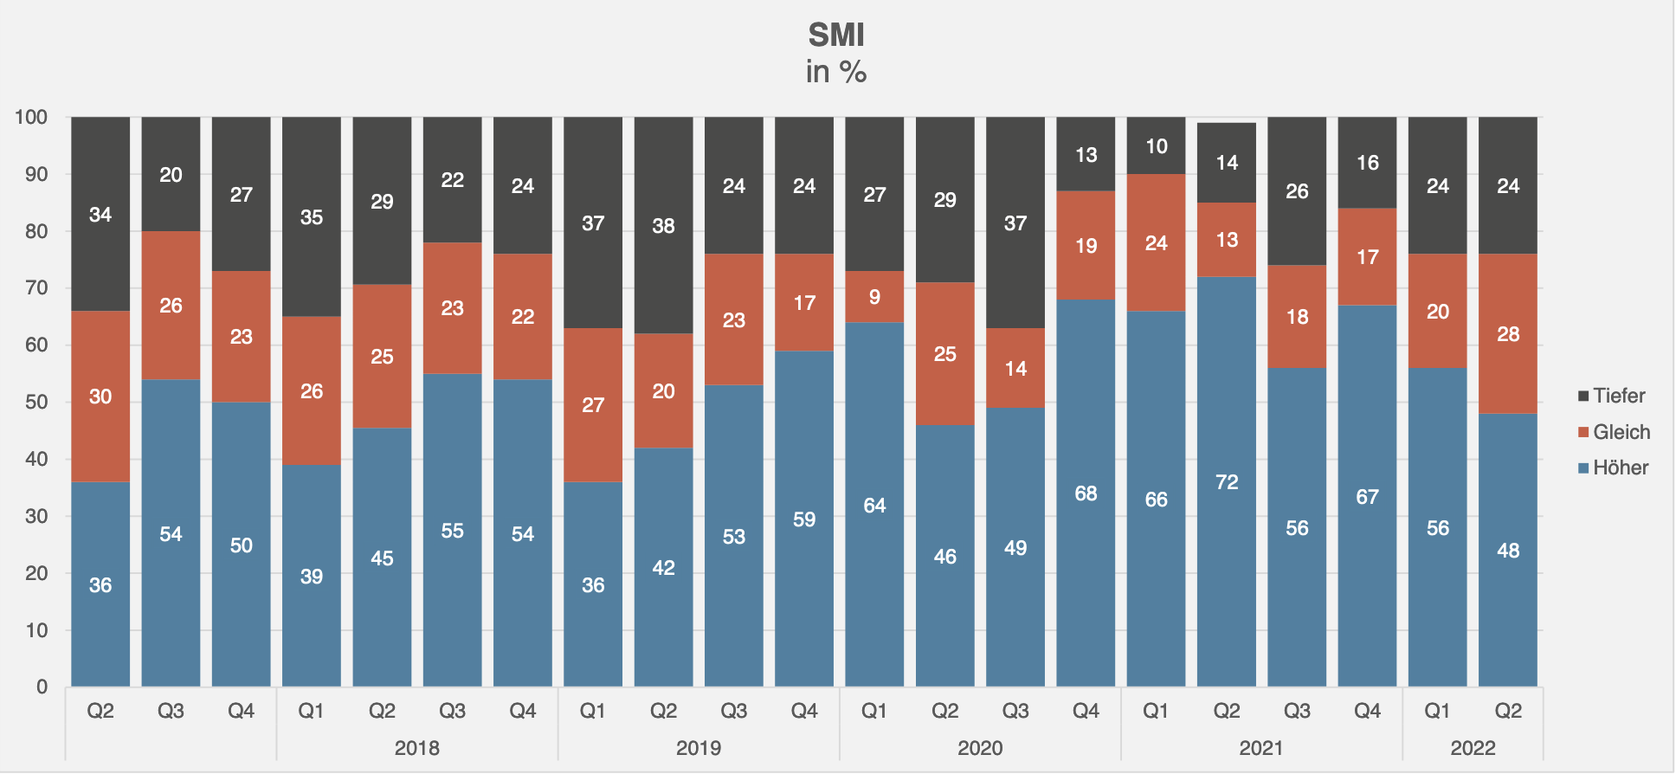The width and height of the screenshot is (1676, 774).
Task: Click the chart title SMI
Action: point(836,35)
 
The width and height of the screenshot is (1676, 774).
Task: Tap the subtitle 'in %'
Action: point(836,72)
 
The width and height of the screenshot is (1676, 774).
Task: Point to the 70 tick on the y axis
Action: point(36,287)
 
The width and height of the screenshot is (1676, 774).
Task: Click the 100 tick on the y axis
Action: point(31,117)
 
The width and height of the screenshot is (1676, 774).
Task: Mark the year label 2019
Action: point(699,747)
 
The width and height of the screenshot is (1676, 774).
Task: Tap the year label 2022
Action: point(1473,747)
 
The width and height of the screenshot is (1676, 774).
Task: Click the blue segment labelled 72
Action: point(1227,481)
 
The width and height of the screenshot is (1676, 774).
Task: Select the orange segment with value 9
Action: point(874,297)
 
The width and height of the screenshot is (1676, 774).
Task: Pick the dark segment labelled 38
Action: point(663,225)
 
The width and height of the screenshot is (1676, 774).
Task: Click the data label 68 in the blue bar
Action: point(1086,493)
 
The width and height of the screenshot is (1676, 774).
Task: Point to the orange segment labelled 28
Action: point(1508,333)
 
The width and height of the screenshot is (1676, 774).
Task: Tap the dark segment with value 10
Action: point(1157,145)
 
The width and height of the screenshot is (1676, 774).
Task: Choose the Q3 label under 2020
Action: point(1015,711)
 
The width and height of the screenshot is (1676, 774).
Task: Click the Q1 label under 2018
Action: point(312,711)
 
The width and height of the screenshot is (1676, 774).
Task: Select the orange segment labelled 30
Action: point(100,396)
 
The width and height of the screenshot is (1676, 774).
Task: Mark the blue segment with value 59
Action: point(804,519)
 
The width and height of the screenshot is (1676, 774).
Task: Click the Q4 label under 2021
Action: point(1367,711)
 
